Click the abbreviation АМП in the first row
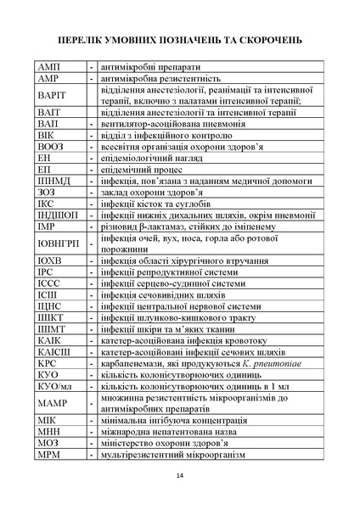[x=49, y=66]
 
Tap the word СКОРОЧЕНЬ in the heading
[x=268, y=40]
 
